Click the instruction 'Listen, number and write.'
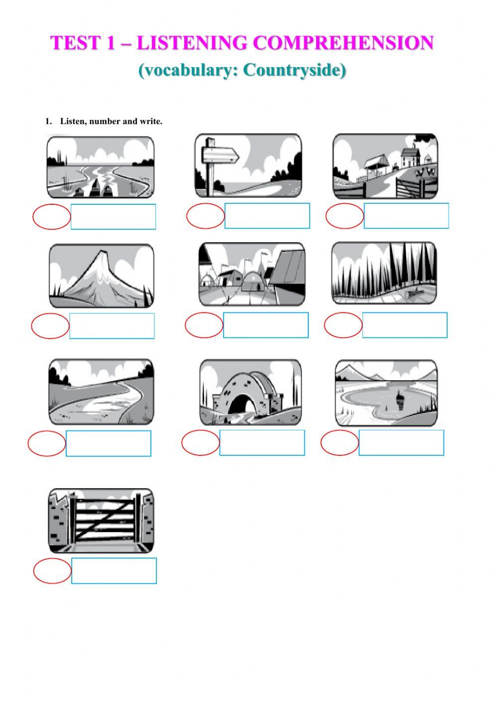[111, 121]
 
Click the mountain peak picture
[102, 276]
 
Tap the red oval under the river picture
[52, 217]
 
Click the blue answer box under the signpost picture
[267, 216]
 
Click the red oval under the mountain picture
[50, 326]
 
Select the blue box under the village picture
[265, 325]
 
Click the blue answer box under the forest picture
[404, 325]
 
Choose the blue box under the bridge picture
[262, 443]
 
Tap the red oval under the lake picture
[340, 443]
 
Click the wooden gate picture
[102, 521]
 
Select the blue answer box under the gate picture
[114, 570]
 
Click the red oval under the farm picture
[345, 217]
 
